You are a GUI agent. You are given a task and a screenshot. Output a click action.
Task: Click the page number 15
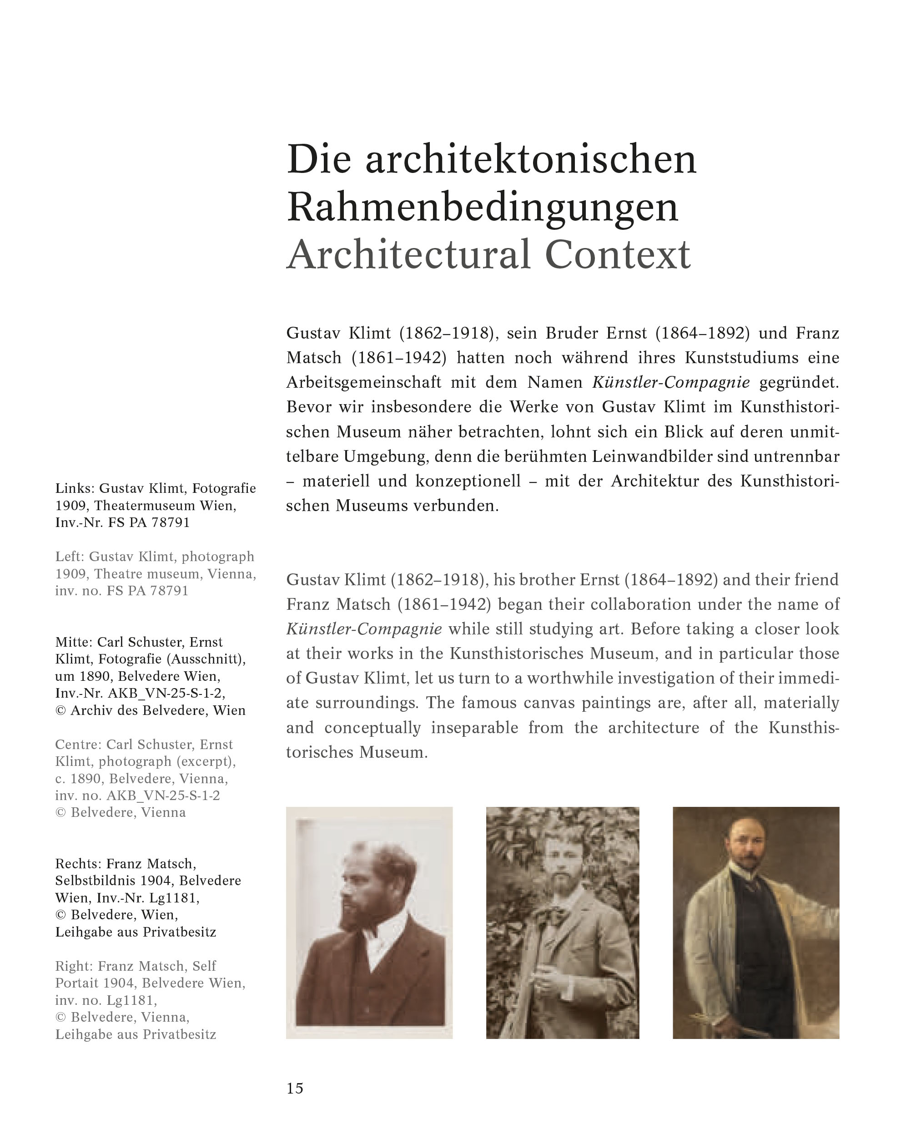pos(295,1088)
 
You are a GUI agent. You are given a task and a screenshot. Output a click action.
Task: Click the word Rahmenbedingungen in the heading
pos(482,207)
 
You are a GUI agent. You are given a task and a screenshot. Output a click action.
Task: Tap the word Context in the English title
pos(617,254)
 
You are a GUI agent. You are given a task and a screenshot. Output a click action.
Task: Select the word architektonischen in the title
pos(531,159)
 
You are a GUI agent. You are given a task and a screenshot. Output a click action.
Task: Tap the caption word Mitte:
pos(74,642)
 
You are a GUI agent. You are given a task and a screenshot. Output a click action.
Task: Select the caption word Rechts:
pos(78,864)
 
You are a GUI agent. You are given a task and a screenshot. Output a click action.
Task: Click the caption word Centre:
pos(78,745)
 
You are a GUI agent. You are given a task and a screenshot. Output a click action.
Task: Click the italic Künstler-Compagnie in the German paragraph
pos(671,382)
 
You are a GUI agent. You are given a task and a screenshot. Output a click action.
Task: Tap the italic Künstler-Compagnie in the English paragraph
pos(364,628)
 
